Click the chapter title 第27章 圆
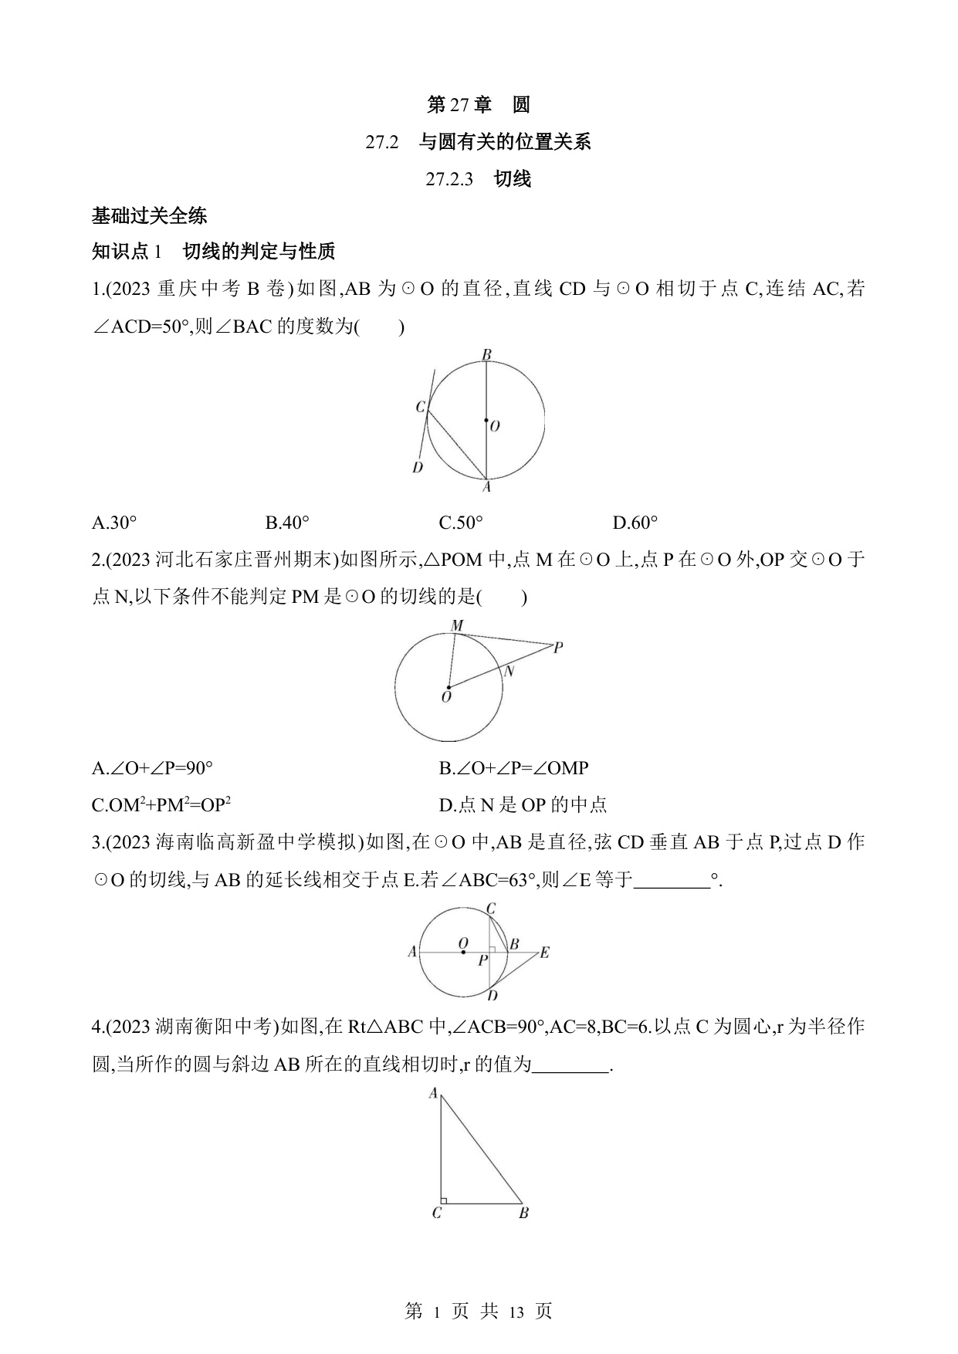pyautogui.click(x=479, y=105)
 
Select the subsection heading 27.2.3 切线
pyautogui.click(x=479, y=179)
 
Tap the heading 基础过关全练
pyautogui.click(x=149, y=216)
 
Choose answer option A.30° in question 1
pyautogui.click(x=114, y=523)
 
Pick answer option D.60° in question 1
pyautogui.click(x=635, y=523)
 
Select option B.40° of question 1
pyautogui.click(x=287, y=523)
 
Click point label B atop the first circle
pyautogui.click(x=486, y=355)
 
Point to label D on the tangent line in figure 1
pyautogui.click(x=418, y=467)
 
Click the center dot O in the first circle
pyautogui.click(x=486, y=421)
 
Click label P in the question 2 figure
pyautogui.click(x=558, y=648)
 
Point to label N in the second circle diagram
pyautogui.click(x=509, y=672)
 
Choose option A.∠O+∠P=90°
pyautogui.click(x=152, y=768)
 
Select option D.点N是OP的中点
pyautogui.click(x=523, y=805)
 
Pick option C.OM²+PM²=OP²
pyautogui.click(x=161, y=805)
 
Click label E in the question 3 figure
pyautogui.click(x=544, y=953)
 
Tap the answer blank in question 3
pyautogui.click(x=671, y=880)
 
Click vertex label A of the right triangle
pyautogui.click(x=434, y=1093)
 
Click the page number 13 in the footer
pyautogui.click(x=516, y=1312)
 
